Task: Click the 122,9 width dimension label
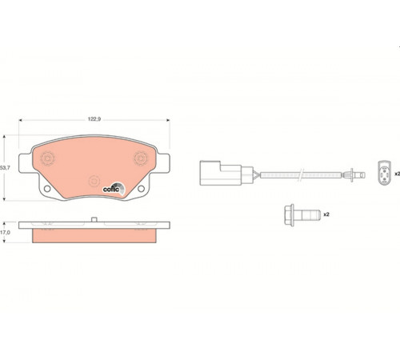[x=94, y=119]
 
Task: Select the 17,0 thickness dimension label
[x=5, y=233]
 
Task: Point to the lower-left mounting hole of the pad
[x=47, y=189]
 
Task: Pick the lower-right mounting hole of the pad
[x=141, y=189]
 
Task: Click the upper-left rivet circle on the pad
[x=47, y=158]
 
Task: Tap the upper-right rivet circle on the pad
[x=141, y=158]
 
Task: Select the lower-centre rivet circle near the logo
[x=94, y=182]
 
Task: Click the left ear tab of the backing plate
[x=26, y=163]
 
